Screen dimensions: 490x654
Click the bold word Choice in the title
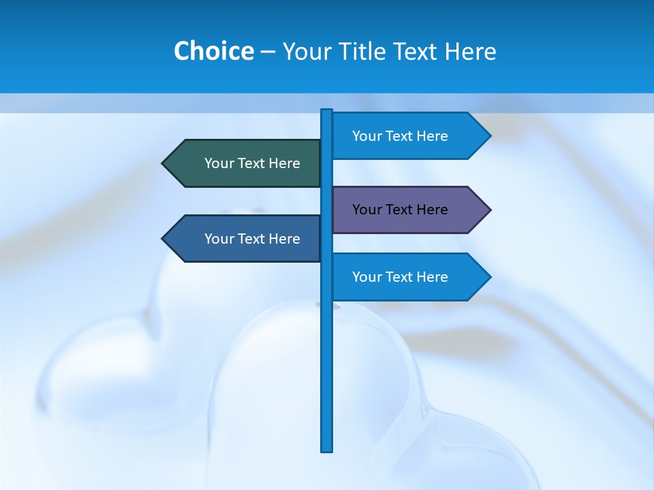pyautogui.click(x=213, y=51)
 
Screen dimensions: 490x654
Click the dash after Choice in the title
pyautogui.click(x=268, y=52)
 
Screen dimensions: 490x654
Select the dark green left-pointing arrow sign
pyautogui.click(x=245, y=163)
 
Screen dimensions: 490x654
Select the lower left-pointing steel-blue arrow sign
pyautogui.click(x=245, y=239)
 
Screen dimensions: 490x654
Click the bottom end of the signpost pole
pyautogui.click(x=327, y=449)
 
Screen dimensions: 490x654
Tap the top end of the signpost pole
pyautogui.click(x=327, y=111)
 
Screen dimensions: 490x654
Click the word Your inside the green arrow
pyautogui.click(x=219, y=163)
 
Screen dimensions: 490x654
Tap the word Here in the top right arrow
pyautogui.click(x=433, y=136)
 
